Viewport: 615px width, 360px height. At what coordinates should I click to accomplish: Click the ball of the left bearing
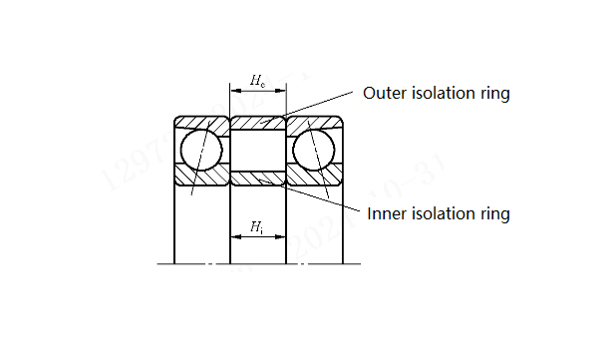pos(202,148)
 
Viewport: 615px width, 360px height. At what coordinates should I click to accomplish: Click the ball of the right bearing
pos(314,148)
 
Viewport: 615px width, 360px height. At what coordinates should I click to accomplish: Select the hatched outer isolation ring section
pos(258,123)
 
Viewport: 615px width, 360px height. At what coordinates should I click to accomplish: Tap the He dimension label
pos(257,79)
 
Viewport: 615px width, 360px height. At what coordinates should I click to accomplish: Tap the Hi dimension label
pos(257,227)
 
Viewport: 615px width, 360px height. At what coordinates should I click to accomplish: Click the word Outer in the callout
pos(384,94)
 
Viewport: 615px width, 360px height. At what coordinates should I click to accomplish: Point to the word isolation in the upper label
pos(445,94)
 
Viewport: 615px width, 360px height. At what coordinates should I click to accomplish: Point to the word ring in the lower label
pos(494,213)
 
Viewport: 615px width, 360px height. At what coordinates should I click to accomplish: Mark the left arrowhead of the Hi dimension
pos(235,237)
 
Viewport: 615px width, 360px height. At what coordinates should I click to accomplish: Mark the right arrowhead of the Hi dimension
pos(281,237)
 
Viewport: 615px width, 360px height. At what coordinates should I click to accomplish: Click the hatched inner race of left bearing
pos(202,177)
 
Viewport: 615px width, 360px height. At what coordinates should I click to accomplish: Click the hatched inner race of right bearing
pos(314,177)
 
